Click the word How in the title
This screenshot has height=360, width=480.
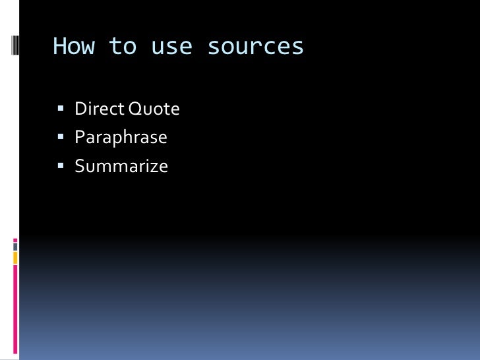coord(73,46)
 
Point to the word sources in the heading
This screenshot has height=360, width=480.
coord(255,47)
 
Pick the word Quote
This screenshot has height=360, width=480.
coord(154,109)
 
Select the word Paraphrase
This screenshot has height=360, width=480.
coord(121,138)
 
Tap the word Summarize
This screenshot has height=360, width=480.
coord(121,166)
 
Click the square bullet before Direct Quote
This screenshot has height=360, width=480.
coord(60,109)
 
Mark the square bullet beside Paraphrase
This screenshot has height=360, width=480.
coord(60,137)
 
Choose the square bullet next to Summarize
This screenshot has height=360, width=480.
coord(60,165)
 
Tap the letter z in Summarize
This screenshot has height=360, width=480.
coord(154,167)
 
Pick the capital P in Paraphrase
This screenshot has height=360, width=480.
coord(80,137)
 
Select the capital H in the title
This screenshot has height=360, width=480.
coord(59,46)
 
